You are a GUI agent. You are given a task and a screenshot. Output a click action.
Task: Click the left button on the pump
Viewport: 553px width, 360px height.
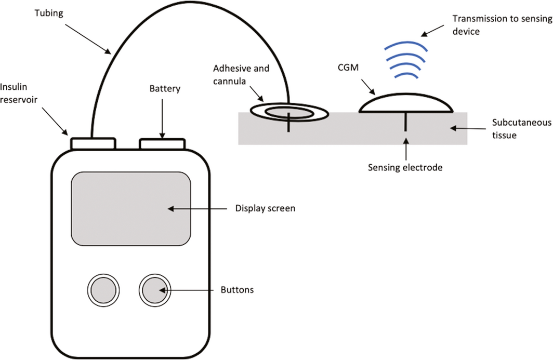tap(103, 290)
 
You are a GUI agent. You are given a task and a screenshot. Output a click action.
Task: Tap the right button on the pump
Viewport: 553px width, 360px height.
tap(155, 290)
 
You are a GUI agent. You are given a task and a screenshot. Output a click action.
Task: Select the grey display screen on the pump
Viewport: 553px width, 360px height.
tap(131, 209)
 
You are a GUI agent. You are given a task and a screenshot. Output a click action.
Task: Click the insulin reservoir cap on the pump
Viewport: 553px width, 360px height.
tap(93, 144)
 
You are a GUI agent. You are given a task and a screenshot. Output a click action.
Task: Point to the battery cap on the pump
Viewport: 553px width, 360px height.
tap(162, 144)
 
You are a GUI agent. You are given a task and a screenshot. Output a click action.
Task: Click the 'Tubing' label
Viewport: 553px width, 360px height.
tap(49, 14)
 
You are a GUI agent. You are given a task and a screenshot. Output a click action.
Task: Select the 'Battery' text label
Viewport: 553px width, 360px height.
tap(165, 88)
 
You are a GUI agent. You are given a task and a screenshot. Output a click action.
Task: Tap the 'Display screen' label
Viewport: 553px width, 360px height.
tap(265, 208)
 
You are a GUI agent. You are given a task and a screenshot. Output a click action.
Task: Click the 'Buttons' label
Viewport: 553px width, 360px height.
tap(237, 290)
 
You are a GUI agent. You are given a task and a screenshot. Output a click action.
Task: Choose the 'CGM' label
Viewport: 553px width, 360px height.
tap(348, 68)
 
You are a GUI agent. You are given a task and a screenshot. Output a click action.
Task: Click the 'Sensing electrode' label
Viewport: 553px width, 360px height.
tap(405, 167)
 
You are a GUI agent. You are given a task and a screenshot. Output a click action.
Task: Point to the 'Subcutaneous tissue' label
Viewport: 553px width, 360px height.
tap(522, 129)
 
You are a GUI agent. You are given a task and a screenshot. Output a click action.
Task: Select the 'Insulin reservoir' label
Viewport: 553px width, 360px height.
tap(18, 93)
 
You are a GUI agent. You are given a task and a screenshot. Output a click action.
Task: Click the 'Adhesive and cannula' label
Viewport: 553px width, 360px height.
tap(241, 74)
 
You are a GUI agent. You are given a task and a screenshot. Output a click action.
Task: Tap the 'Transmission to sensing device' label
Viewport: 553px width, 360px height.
tap(502, 25)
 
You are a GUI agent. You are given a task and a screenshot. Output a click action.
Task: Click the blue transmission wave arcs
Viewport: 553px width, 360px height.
tap(405, 60)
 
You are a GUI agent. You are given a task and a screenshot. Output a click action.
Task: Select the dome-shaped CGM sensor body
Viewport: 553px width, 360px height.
tap(405, 103)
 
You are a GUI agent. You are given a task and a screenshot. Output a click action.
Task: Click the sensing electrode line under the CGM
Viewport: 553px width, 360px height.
tap(405, 122)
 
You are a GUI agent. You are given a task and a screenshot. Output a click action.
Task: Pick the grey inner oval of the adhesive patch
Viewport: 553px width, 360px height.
tap(289, 113)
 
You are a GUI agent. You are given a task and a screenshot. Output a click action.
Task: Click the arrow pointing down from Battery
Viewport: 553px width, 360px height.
tap(162, 118)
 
